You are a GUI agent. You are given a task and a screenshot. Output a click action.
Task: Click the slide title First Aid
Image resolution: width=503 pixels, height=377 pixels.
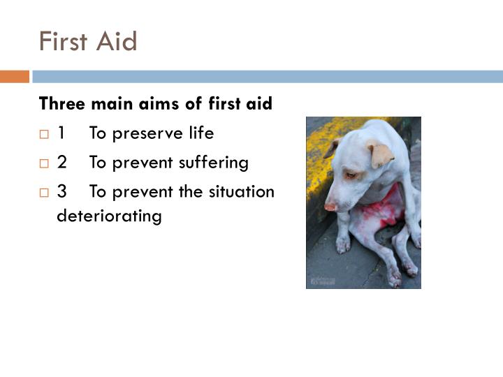click(88, 41)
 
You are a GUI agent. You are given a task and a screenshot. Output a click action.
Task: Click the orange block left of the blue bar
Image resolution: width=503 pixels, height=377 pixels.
click(14, 77)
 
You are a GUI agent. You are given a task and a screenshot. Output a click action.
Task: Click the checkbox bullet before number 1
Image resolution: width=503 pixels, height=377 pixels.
click(45, 134)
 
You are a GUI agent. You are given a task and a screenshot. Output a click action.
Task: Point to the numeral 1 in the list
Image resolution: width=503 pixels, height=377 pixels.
click(62, 133)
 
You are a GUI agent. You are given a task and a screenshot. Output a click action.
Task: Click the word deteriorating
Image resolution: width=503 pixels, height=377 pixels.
click(109, 216)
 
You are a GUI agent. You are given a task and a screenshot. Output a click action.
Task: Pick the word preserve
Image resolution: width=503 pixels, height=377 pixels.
click(145, 133)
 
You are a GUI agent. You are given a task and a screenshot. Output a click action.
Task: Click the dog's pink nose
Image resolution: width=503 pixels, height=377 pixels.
click(330, 207)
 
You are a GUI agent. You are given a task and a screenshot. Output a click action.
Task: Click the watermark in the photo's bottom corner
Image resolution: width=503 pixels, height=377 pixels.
click(323, 281)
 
